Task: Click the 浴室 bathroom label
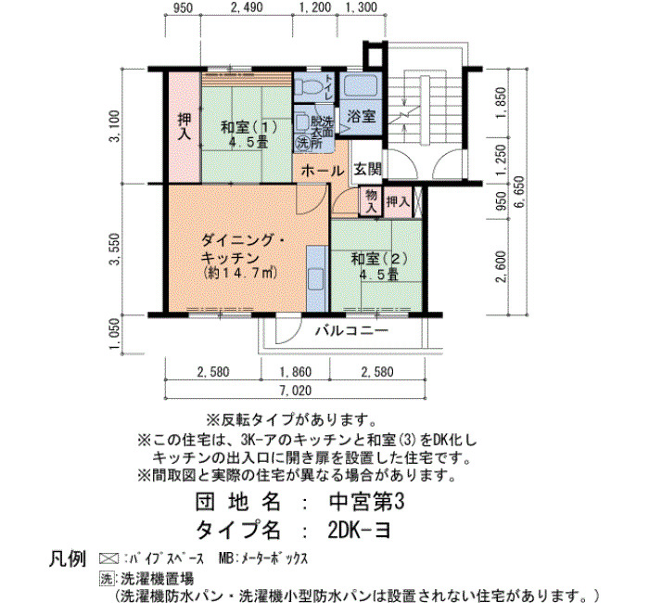[361, 116]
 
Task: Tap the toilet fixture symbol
[308, 86]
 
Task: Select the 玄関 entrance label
[367, 169]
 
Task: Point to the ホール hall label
[323, 170]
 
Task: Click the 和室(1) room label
[249, 127]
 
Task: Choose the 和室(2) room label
[379, 259]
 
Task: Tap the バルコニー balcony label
[351, 330]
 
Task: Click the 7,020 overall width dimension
[296, 391]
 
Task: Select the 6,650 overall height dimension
[519, 192]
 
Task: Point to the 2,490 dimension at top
[247, 7]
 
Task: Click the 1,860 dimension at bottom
[296, 371]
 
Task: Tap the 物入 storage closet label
[371, 201]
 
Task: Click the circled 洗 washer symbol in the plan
[302, 143]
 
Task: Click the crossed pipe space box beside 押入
[417, 201]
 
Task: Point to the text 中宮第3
[366, 502]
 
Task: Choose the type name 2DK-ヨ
[359, 530]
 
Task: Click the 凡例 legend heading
[68, 558]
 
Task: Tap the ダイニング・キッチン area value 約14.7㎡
[241, 273]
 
